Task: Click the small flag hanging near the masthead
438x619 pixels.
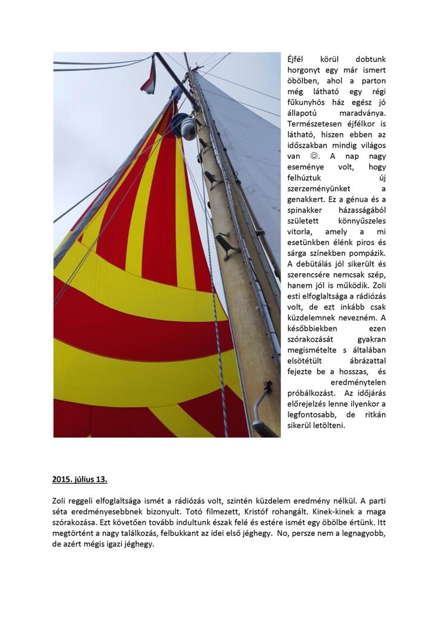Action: pos(148,76)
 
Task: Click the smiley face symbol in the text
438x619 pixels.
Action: pos(314,156)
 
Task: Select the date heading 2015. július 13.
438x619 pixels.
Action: pos(79,479)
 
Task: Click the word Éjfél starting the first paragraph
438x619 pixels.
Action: pos(298,59)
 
